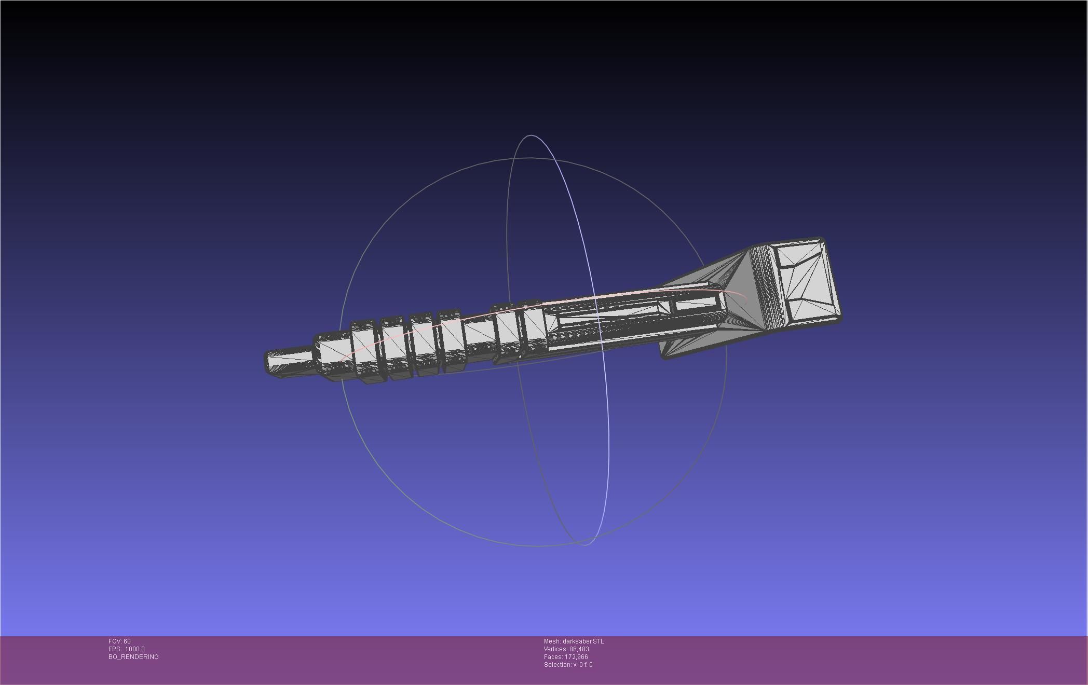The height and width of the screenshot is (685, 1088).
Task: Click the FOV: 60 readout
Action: tap(119, 641)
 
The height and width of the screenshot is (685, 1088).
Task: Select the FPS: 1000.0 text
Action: tap(126, 649)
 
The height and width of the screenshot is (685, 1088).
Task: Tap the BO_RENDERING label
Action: tap(133, 657)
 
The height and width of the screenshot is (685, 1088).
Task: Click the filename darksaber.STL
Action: tap(583, 641)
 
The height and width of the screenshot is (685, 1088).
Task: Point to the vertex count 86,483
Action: tap(579, 649)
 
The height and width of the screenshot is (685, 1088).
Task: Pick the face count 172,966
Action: tap(576, 657)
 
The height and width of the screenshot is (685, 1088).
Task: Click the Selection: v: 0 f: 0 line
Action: tap(568, 665)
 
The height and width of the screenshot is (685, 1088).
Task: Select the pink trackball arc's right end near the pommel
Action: tap(745, 299)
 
